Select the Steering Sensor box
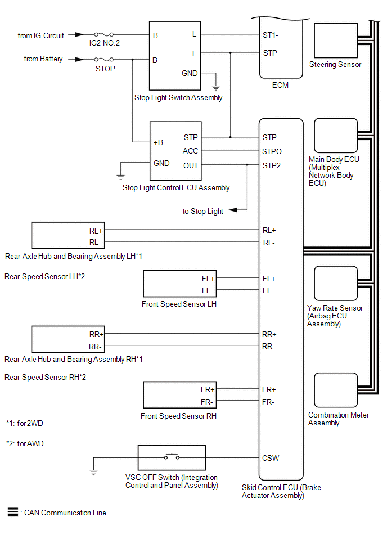coord(335,40)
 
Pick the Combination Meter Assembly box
coord(335,391)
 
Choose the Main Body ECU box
coord(335,136)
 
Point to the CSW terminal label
coord(271,458)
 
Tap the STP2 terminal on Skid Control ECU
coord(272,165)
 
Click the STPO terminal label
coord(272,151)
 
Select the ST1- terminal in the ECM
coord(271,35)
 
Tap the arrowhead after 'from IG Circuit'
coord(81,35)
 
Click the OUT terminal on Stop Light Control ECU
coord(191,165)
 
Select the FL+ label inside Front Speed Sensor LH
coord(208,279)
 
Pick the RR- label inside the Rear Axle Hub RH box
coord(95,346)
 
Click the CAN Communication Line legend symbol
coord(12,512)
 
